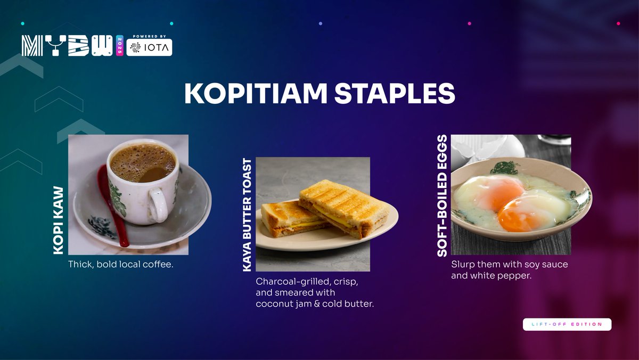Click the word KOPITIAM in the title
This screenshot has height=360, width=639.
coord(255,93)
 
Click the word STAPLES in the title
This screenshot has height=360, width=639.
coord(395,93)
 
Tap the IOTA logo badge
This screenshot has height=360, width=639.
coord(150,47)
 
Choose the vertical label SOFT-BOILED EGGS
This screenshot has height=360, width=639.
coord(442,196)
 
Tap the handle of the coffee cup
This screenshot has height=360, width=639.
coord(159,204)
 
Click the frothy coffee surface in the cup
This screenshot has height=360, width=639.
coord(142,162)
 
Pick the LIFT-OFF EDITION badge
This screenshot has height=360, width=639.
coord(567,324)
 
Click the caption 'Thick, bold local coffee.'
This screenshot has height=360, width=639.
coord(121,264)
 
